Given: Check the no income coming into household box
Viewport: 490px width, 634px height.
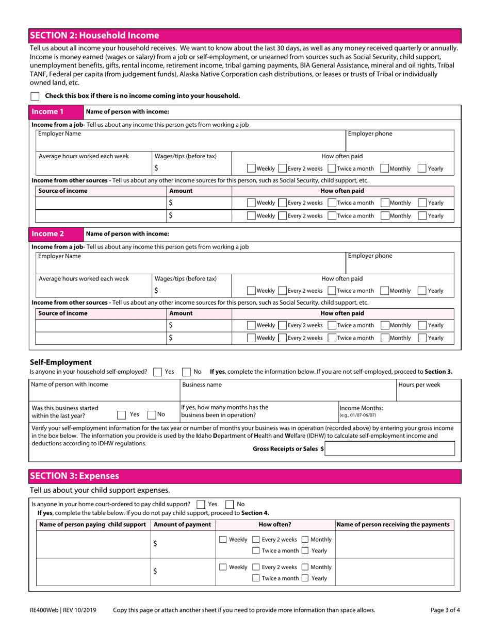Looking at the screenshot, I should click(35, 96).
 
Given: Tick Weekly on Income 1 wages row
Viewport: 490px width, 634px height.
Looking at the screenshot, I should click(251, 169).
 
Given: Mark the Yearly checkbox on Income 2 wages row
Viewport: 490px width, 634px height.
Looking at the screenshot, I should click(421, 291).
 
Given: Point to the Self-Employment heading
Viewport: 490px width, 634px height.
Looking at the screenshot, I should click(60, 362).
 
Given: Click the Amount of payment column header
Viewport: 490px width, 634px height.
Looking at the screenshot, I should click(183, 525).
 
